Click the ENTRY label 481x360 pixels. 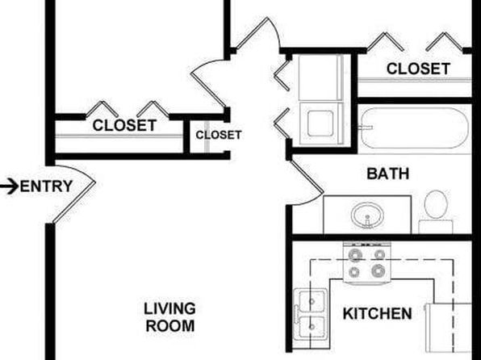pos(46,186)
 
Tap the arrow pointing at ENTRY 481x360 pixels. pos(9,187)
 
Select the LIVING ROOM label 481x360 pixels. pos(170,317)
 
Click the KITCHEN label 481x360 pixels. pos(377,314)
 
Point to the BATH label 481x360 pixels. pos(387,174)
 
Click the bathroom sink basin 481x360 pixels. pos(367,215)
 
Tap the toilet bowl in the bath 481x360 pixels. pos(436,204)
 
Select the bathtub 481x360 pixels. pos(415,128)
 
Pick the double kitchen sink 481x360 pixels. pos(310,314)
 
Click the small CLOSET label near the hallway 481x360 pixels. pos(219,135)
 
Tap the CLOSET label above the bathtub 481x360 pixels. pos(418,69)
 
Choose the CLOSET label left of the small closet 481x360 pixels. pos(124,125)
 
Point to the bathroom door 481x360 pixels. pos(307,177)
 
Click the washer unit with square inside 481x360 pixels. pos(321,123)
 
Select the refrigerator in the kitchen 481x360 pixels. pos(448,328)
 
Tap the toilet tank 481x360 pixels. pos(436,227)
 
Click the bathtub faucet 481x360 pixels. pos(366,128)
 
